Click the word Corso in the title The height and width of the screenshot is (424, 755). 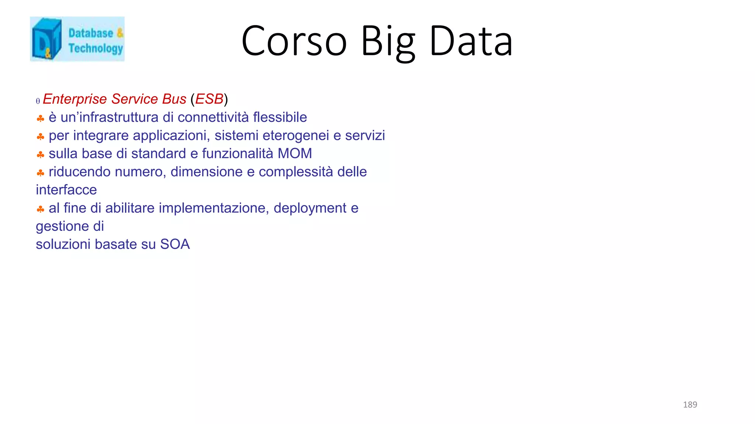(x=294, y=41)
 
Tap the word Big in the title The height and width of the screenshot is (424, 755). (x=387, y=41)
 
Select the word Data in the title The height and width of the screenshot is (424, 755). (x=471, y=41)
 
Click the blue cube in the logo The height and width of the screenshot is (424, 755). (x=46, y=39)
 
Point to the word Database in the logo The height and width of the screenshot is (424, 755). (x=91, y=33)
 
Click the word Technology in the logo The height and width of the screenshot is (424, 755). (x=95, y=48)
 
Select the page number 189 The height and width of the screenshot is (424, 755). (x=690, y=404)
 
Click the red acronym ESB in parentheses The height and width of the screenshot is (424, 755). (x=209, y=99)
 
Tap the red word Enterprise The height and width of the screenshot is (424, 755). (x=75, y=99)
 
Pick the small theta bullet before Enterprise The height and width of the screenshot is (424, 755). (x=38, y=101)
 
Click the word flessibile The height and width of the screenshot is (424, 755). (x=280, y=117)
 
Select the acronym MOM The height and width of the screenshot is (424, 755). (x=295, y=153)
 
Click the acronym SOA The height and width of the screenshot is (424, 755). (x=175, y=244)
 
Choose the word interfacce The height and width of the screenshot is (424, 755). (x=66, y=190)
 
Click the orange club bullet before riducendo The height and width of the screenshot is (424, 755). (x=41, y=173)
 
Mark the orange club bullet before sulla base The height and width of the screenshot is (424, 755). (x=41, y=155)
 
